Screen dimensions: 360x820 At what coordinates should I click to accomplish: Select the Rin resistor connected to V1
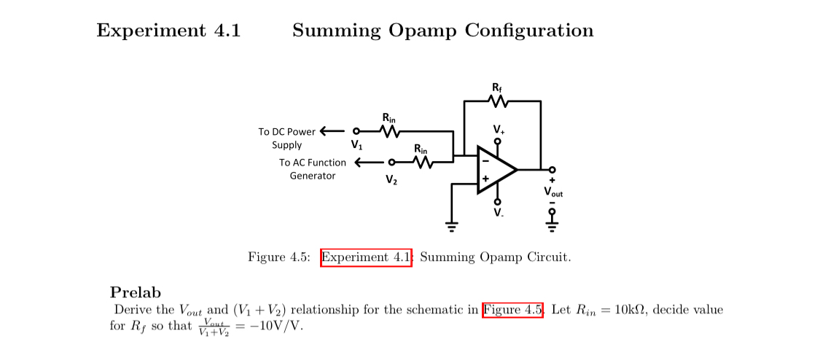[390, 132]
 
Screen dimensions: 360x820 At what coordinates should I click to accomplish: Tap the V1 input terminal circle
[356, 132]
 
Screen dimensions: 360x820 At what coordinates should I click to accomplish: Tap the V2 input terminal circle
[392, 162]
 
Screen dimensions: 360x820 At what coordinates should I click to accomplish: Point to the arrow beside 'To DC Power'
[331, 132]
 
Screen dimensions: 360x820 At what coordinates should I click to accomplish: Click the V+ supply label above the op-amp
[498, 130]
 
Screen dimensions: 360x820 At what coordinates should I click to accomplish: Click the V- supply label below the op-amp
[498, 213]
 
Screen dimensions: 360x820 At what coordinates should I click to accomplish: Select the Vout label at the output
[553, 192]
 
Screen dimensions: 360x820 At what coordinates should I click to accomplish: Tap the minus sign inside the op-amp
[485, 160]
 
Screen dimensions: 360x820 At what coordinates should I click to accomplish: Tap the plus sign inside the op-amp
[485, 179]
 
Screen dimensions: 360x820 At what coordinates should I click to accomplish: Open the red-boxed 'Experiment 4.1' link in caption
[367, 257]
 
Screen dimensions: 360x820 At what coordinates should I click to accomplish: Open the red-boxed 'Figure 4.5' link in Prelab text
[513, 310]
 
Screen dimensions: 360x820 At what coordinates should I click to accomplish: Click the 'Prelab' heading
[135, 293]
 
